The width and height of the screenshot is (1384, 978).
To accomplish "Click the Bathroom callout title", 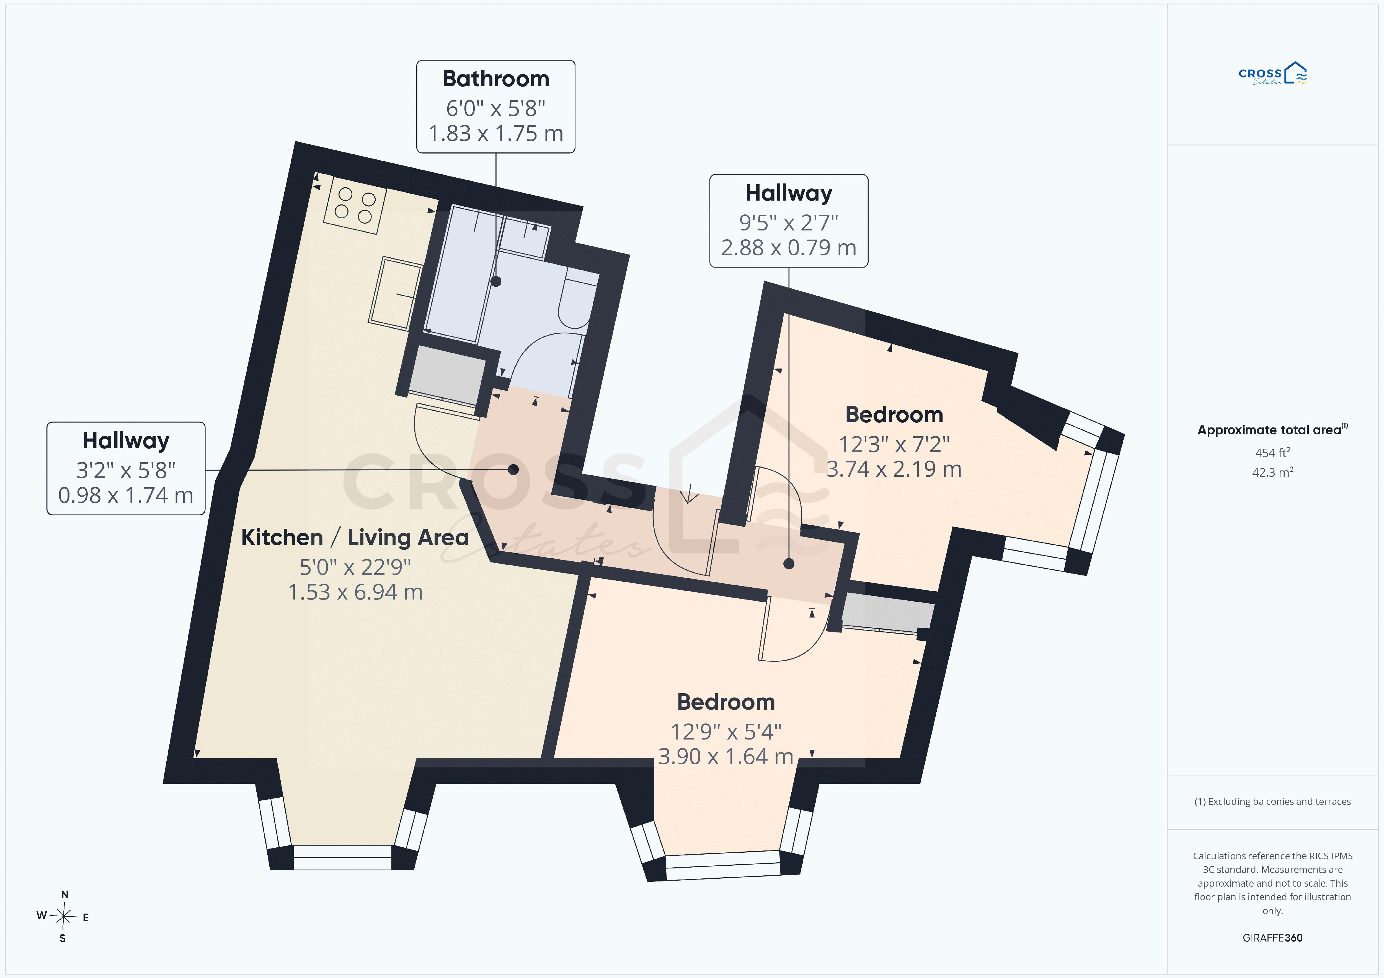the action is coord(495,79).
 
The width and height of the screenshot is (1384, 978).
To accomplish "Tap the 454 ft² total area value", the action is coord(1272,453).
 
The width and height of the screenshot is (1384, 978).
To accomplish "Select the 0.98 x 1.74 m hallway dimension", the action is coord(126,495).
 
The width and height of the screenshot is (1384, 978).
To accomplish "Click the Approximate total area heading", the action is coord(1272,430).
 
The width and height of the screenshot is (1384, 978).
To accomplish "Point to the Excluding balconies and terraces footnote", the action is coord(1272,801).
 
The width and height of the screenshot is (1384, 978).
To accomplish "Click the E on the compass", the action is coord(86,918).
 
